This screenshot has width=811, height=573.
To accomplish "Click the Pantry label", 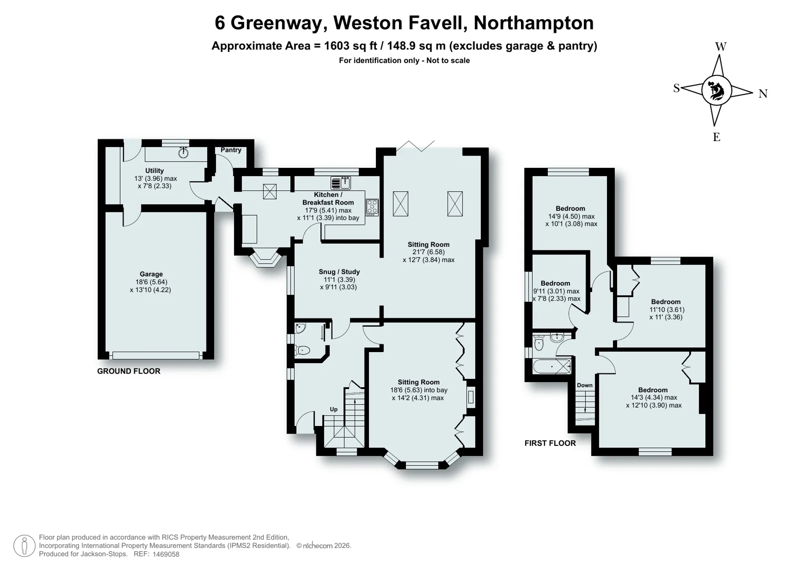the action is point(231,150).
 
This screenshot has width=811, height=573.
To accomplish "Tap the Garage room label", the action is point(151,274).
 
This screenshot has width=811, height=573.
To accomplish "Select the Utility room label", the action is point(154,171).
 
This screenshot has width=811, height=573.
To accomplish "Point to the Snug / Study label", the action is point(339,272).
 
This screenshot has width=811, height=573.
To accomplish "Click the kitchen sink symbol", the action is point(341,183).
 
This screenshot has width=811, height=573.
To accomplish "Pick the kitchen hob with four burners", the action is point(372,207).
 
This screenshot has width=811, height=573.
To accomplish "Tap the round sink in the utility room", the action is point(183,153).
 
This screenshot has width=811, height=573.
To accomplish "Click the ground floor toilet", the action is point(302,350).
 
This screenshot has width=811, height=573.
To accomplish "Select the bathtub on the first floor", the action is point(552,366).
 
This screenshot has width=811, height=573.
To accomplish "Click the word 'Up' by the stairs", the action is point(334,409).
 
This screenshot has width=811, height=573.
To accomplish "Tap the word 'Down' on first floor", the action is point(585,385).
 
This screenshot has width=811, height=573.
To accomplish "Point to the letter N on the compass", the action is point(763,94).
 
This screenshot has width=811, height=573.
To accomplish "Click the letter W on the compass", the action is point(721,47).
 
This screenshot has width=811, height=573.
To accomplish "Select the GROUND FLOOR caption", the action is point(129,371).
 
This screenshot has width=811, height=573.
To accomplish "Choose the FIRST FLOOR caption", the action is point(550,443).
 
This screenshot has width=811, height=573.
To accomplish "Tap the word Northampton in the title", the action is point(534,23).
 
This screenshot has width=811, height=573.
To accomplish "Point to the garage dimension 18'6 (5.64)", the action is point(151,282).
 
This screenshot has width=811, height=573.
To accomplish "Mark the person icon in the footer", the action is point(24,546).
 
